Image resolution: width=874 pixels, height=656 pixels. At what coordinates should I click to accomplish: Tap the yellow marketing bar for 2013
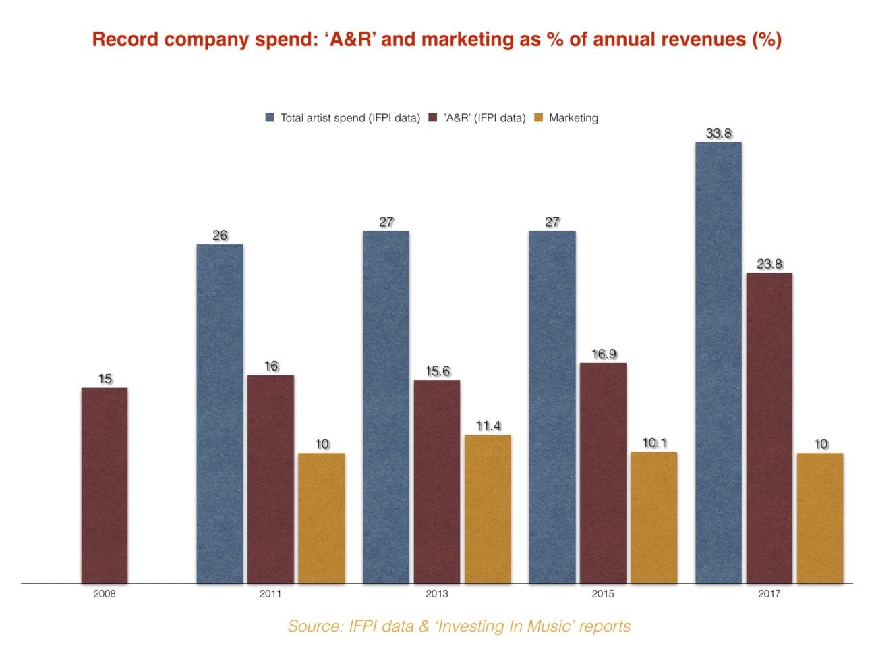(x=488, y=509)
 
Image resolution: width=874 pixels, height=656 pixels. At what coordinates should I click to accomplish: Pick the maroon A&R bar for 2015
(x=604, y=472)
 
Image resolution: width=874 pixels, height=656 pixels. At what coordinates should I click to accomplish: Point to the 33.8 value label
(x=719, y=133)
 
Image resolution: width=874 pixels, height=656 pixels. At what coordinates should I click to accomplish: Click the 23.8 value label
(x=769, y=264)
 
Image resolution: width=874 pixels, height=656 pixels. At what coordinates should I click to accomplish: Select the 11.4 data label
(x=488, y=426)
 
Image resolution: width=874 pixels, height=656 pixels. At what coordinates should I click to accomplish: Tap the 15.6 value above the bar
(x=437, y=371)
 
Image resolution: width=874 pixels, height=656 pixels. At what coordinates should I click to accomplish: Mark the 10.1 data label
(x=654, y=443)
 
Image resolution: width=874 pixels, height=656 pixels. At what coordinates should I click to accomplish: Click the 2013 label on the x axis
(x=436, y=594)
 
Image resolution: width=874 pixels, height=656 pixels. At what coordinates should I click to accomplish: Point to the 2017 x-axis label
(x=769, y=594)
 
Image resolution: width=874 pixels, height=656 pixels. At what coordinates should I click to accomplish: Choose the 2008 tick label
(x=105, y=594)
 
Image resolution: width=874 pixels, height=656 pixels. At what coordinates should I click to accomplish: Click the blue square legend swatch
(x=270, y=118)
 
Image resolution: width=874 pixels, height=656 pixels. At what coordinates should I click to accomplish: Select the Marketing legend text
(x=573, y=118)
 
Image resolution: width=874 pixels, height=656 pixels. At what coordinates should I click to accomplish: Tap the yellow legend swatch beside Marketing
(x=538, y=118)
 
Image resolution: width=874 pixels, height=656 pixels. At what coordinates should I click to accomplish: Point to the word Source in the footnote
(x=315, y=626)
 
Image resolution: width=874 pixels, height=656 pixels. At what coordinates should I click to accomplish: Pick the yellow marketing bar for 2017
(x=820, y=518)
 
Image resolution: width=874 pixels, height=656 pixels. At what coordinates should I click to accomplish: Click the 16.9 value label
(x=604, y=354)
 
